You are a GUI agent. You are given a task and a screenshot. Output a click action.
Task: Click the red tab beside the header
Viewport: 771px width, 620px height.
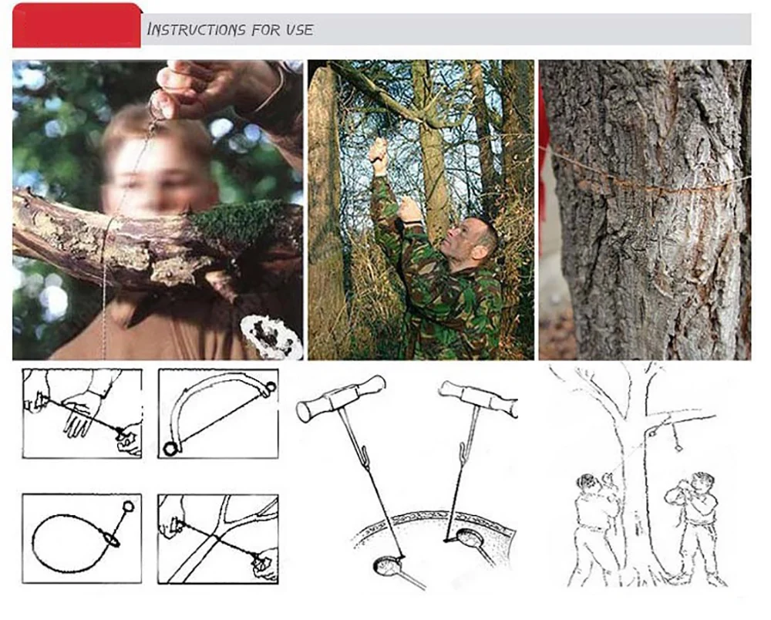76,25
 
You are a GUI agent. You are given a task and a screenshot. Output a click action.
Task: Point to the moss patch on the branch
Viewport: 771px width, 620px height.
236,224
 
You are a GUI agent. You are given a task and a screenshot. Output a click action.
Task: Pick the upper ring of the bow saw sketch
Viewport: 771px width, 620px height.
269,389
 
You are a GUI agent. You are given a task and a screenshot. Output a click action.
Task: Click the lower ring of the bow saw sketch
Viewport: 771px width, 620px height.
170,449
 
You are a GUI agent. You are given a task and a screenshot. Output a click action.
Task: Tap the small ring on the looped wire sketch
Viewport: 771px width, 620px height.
128,506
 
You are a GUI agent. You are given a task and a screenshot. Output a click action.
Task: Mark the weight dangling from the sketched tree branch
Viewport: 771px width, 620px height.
678,447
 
